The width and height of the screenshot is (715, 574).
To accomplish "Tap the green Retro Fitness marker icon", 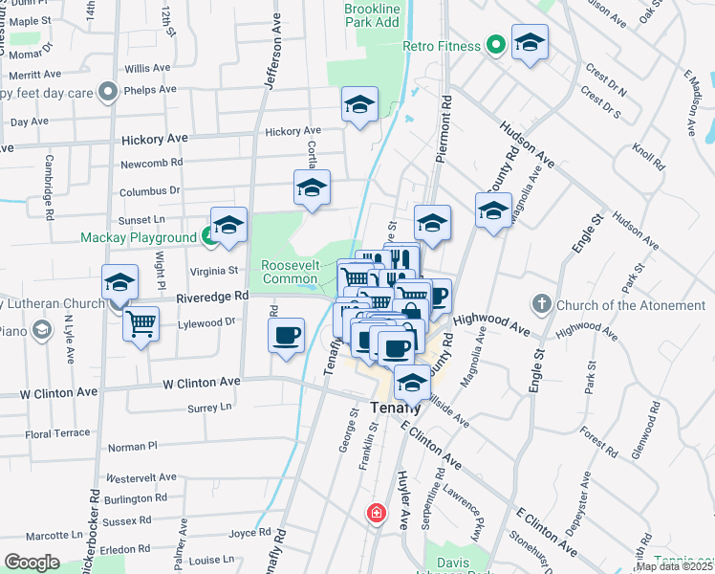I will tap(495, 45).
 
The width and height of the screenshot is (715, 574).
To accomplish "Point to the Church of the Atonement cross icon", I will tap(541, 305).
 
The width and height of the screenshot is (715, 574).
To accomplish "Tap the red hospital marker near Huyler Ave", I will tap(378, 514).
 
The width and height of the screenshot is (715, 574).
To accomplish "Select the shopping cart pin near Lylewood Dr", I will tap(141, 323).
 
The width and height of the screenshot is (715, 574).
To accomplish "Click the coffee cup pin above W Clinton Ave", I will tap(286, 334).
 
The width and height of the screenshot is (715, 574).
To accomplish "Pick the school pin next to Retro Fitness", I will tap(529, 42).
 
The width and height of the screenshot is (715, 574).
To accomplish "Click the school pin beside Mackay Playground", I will tap(228, 225).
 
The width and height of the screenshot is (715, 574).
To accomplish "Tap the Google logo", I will tap(32, 563).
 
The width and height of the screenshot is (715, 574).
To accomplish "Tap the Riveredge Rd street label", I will tap(211, 297).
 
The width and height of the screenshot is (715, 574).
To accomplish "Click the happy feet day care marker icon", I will tap(109, 93).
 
